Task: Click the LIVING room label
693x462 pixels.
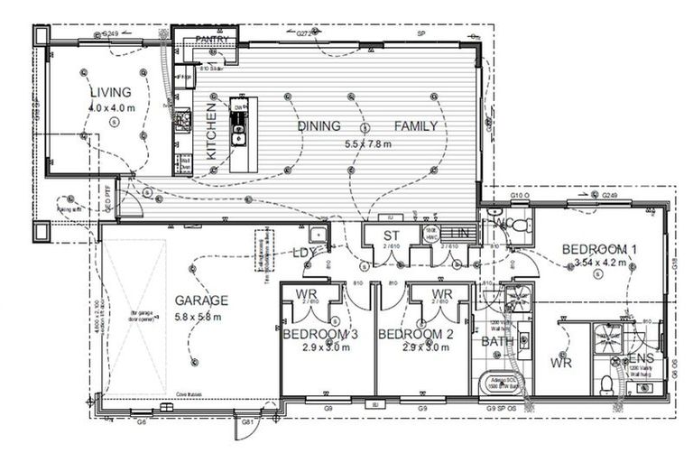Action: (110, 92)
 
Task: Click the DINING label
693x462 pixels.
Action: (319, 126)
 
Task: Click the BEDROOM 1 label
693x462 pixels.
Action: (600, 249)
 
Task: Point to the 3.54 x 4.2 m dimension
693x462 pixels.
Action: (600, 264)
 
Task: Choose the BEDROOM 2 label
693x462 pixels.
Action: (414, 334)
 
